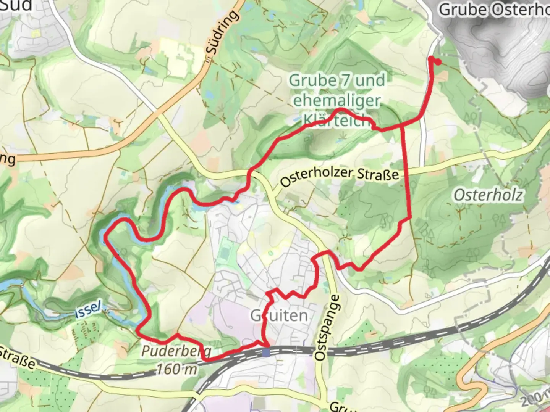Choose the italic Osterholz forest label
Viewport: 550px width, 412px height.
pos(488,195)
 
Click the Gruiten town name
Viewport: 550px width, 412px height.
pos(279,315)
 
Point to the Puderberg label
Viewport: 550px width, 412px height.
pos(176,351)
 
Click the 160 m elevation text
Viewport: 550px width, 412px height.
pos(177,369)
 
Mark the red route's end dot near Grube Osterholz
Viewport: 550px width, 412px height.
pos(438,62)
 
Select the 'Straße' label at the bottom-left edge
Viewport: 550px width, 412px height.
pos(17,358)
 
